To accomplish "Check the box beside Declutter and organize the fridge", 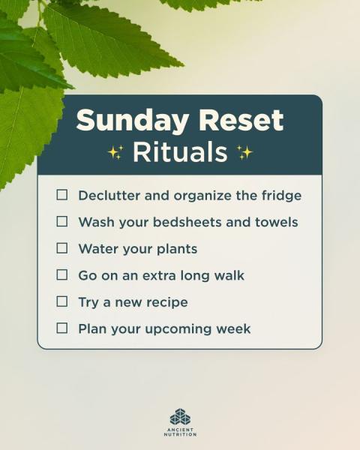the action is click(x=62, y=194).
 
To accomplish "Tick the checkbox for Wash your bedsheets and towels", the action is click(x=62, y=221).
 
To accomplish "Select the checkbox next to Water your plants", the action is click(x=62, y=248).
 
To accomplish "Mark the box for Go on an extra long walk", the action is click(x=62, y=274).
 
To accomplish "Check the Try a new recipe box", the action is click(x=62, y=301).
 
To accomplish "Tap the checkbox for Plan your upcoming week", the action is click(x=62, y=328).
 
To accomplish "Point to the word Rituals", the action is click(x=180, y=151).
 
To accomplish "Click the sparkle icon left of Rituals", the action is click(x=116, y=151).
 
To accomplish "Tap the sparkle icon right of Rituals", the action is click(x=244, y=152).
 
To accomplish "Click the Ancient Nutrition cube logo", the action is click(x=180, y=417).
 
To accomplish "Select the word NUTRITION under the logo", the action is click(x=180, y=434).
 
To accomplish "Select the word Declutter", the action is click(x=109, y=196).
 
